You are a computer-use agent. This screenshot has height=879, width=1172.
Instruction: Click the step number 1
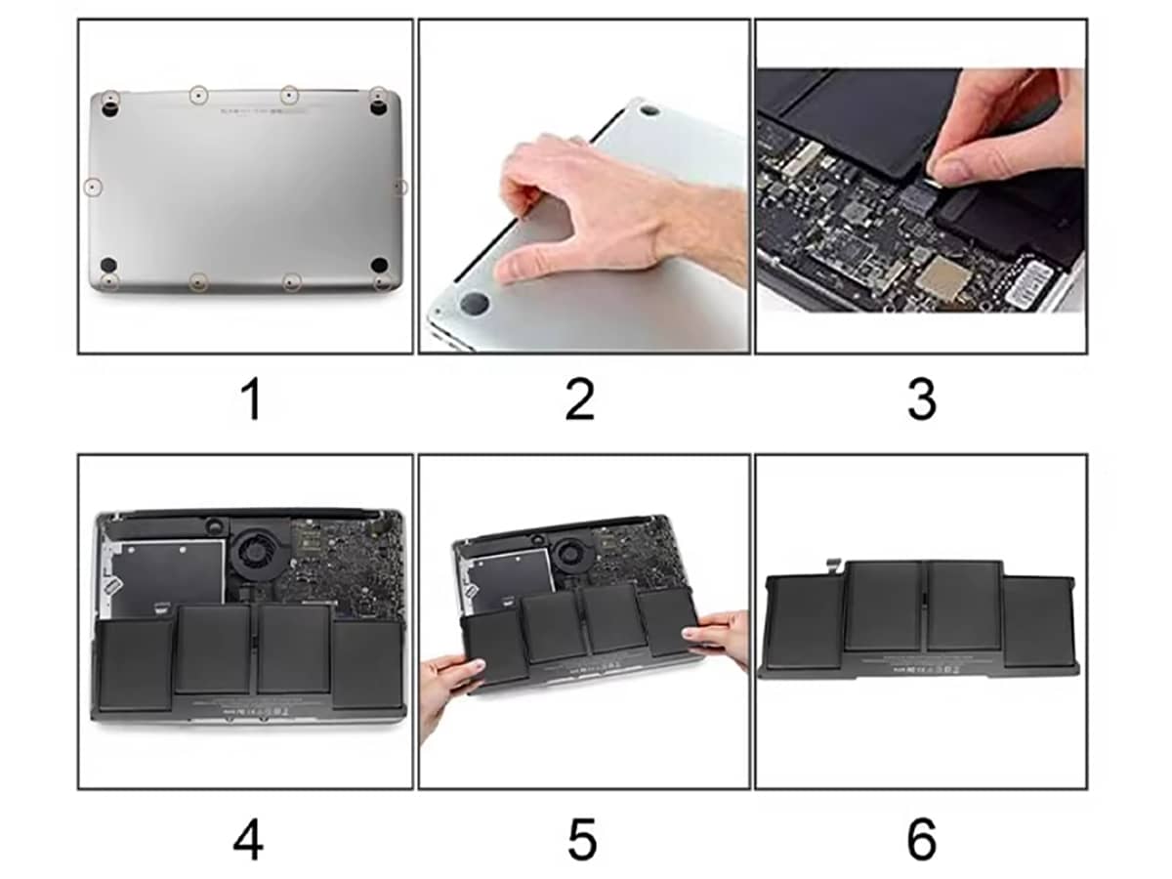[251, 400]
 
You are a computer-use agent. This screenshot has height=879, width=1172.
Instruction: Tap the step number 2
[580, 400]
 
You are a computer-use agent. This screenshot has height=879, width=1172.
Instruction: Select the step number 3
[921, 400]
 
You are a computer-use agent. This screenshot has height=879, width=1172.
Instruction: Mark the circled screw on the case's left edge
[91, 185]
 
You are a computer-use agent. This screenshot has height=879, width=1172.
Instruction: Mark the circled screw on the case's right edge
[399, 186]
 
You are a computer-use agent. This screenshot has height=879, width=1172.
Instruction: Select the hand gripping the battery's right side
[718, 635]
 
